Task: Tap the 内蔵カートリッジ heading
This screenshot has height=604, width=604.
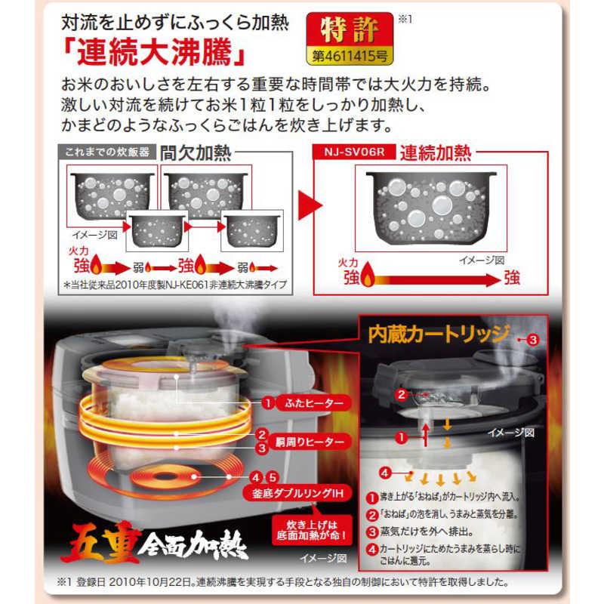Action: click(x=437, y=335)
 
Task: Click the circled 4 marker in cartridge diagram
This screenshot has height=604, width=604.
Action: click(x=384, y=473)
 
